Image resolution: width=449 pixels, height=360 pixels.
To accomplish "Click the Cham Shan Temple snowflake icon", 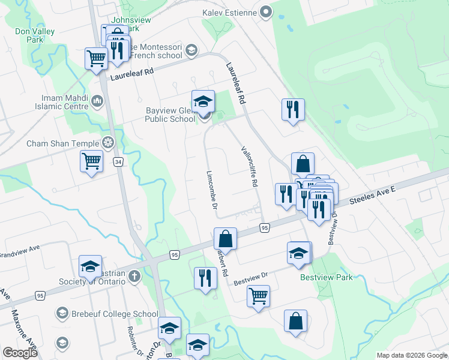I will point(108,143).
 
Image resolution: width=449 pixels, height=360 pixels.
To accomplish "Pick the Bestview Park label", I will point(327,277).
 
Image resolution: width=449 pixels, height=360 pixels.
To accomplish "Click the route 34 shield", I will point(119,162).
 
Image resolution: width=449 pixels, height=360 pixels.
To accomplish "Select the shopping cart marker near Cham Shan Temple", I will point(91,161).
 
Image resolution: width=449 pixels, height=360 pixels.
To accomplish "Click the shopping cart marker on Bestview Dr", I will point(258,295).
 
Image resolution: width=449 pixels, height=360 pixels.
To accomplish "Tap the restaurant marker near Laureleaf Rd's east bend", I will point(293,109).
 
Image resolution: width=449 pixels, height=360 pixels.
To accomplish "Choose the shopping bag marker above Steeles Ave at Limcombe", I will point(225,238).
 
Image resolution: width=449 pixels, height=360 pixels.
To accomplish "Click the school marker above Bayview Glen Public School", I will point(203,100).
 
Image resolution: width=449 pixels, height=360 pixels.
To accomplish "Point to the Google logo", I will point(20,352).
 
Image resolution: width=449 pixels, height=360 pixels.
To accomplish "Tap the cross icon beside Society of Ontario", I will point(135,277).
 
